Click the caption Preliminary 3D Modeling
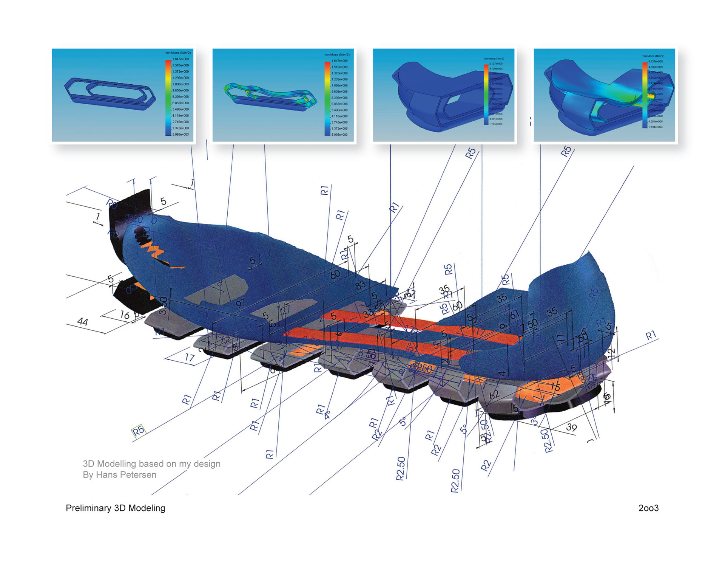115,508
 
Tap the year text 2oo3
648,508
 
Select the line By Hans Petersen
119,475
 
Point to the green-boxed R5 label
138,431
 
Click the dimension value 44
82,322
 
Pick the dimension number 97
240,303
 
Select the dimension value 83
360,284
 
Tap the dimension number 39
571,427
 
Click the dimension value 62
494,395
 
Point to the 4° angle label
327,415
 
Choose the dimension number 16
125,315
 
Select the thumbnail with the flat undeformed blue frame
123,95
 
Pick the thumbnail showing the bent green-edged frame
283,95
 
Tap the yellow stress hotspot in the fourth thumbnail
650,96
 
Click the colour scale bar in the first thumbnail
168,97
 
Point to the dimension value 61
514,314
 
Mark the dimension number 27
285,310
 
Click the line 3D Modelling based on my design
151,464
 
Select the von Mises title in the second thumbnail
337,55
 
